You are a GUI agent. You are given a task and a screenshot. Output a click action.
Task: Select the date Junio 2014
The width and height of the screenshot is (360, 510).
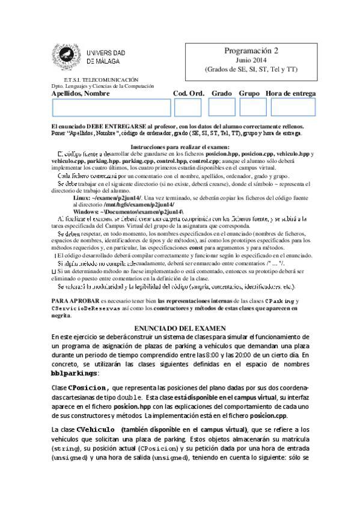point(250,61)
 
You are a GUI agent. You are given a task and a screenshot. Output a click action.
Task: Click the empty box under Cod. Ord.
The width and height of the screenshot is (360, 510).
point(188,107)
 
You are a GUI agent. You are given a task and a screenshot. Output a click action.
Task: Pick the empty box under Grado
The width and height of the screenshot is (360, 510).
point(222,107)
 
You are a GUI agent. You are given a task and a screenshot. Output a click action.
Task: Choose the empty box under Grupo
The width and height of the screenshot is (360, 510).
point(252,107)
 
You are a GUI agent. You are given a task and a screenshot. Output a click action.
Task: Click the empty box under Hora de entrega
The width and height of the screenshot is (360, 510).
point(293,107)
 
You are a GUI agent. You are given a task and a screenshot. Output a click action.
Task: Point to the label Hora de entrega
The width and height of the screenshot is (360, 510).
point(290,93)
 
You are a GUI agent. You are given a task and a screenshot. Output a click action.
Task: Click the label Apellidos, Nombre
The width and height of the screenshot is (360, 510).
point(81,93)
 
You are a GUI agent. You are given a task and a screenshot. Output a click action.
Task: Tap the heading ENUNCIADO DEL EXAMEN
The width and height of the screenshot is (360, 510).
point(180,328)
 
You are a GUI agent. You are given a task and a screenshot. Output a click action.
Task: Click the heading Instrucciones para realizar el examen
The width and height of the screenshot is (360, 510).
point(180,147)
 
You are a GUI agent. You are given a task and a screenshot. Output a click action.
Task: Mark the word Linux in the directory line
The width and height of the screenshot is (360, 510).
point(82,198)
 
